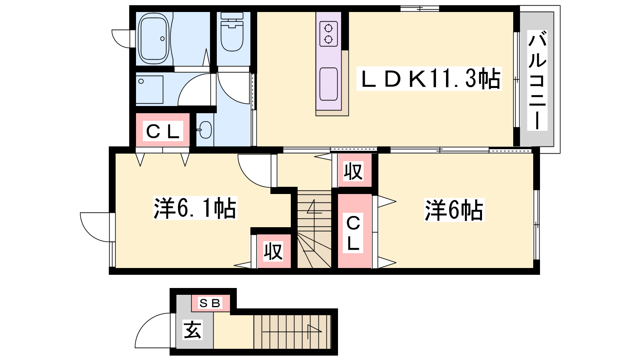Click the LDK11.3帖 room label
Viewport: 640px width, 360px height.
click(429, 78)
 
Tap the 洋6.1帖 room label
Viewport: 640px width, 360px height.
click(195, 208)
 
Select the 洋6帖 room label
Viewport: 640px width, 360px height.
click(454, 210)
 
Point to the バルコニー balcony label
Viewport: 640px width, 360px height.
click(537, 80)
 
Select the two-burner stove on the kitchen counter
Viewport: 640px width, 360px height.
click(328, 34)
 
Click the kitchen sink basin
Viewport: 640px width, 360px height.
click(328, 84)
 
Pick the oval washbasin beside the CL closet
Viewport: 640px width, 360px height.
click(205, 130)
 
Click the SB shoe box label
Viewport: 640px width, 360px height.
click(210, 303)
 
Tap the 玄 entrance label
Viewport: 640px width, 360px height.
click(192, 330)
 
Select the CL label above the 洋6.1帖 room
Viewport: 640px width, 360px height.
click(163, 131)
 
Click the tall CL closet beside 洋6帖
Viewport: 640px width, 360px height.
click(354, 231)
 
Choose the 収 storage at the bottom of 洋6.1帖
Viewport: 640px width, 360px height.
click(274, 251)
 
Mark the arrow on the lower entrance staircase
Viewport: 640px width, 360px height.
click(292, 332)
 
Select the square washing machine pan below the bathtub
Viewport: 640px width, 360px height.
click(150, 90)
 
